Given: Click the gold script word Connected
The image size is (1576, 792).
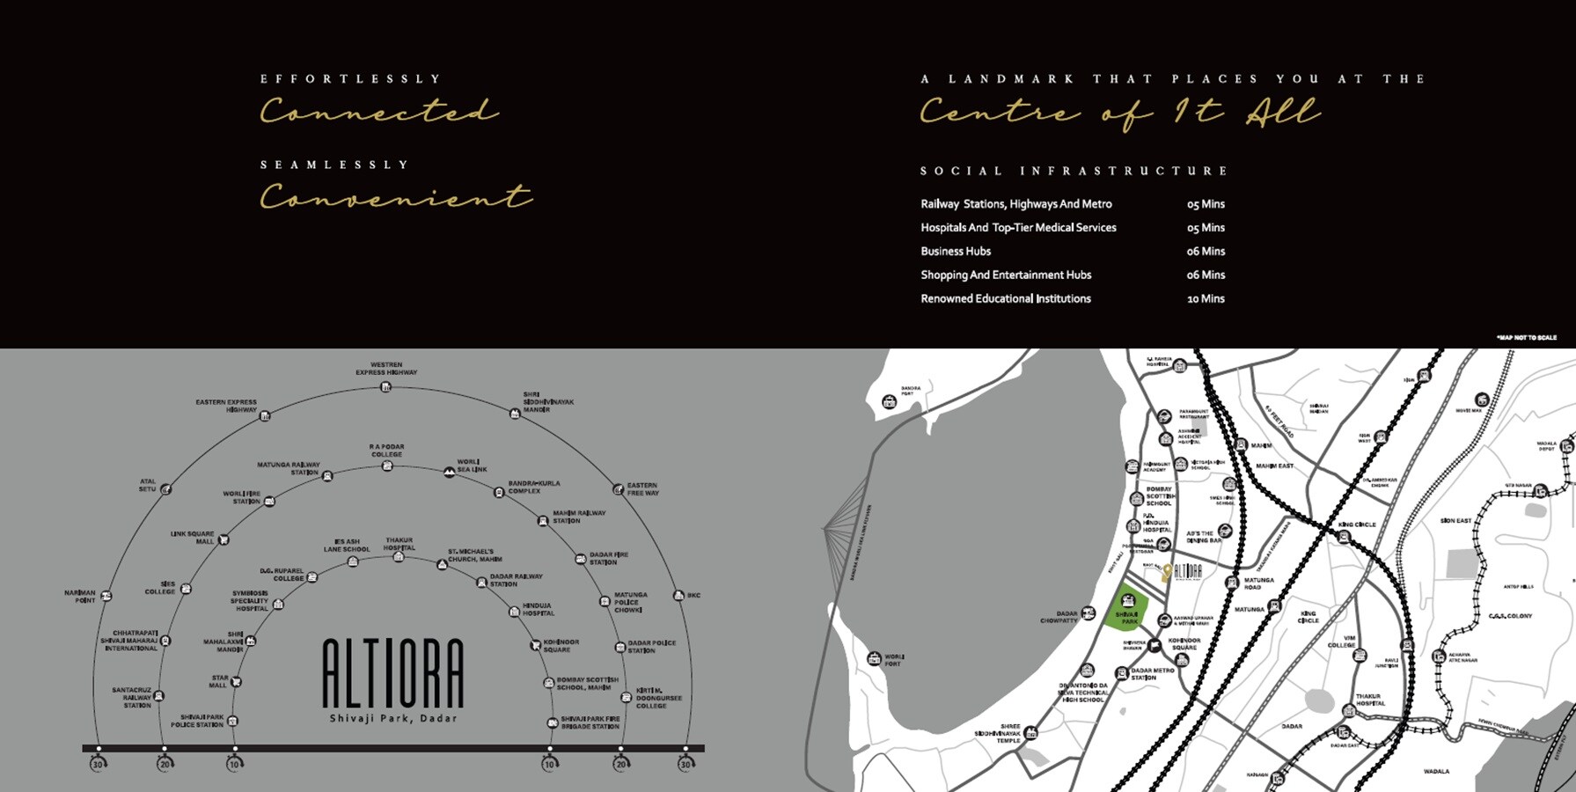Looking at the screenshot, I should [378, 112].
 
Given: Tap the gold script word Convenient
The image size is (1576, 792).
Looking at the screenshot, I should [395, 196].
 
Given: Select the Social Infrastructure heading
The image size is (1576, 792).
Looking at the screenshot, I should [1074, 171].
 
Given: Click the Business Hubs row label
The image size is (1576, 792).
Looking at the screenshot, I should [956, 252].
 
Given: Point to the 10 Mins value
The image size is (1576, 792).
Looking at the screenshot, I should [1206, 299].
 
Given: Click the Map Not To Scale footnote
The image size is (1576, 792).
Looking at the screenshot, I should [1526, 337].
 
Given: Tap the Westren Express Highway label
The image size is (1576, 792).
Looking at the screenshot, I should [386, 368].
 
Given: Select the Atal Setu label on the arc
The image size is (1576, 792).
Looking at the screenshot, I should [147, 485].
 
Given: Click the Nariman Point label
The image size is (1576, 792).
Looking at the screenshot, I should [79, 597].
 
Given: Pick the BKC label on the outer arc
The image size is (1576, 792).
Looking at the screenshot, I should [693, 596].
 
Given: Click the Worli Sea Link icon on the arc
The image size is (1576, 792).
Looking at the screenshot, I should [450, 473].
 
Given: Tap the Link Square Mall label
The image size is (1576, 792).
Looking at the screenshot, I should [192, 537].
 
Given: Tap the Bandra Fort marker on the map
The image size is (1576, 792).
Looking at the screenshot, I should [889, 402].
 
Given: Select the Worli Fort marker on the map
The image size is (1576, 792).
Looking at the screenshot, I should [874, 658].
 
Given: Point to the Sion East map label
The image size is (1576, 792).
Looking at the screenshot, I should [1455, 521].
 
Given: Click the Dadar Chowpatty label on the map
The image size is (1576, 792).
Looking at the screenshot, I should [1059, 617].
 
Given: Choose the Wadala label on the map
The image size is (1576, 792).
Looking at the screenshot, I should [1436, 772].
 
